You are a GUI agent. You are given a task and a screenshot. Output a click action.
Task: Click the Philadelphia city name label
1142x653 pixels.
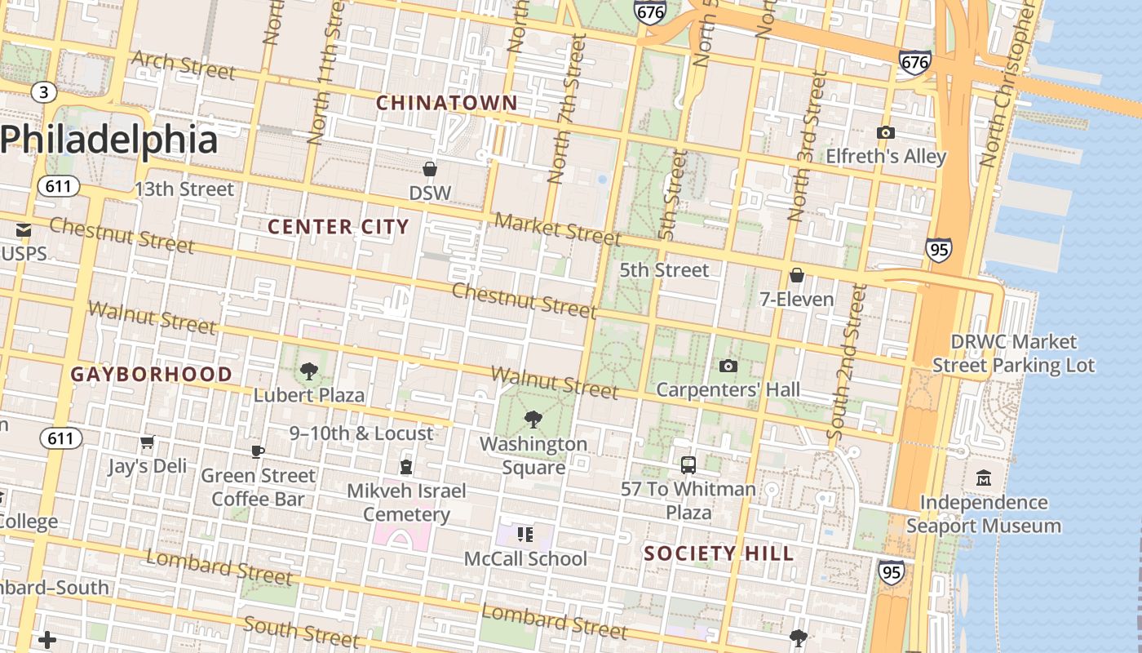pos(109,140)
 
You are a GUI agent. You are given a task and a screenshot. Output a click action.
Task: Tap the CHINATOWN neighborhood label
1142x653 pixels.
pos(446,103)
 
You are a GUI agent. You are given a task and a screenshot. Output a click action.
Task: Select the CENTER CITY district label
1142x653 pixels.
pos(338,227)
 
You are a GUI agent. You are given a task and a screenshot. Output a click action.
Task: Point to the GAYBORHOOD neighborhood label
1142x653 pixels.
pos(152,375)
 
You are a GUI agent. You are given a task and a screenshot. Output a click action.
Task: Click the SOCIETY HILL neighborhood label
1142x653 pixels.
pos(719,553)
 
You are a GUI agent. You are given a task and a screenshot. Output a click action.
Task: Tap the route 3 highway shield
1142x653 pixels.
pos(44,92)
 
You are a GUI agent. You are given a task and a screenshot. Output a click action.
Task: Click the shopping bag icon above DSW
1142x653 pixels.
pos(430,169)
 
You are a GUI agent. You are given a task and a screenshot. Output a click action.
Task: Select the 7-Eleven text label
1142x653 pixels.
pos(797,300)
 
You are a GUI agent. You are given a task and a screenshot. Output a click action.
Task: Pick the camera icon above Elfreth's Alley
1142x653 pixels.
pos(885,132)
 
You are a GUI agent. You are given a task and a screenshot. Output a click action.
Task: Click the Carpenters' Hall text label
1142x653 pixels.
pos(728,389)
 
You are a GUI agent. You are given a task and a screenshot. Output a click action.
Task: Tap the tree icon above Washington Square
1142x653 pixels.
pos(533,420)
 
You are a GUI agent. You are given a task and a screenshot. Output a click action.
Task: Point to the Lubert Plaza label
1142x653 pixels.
pos(309,395)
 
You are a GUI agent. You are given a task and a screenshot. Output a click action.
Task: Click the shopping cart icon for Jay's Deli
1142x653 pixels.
pos(148,442)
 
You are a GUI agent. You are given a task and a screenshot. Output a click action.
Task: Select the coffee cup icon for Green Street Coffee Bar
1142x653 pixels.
pos(258,451)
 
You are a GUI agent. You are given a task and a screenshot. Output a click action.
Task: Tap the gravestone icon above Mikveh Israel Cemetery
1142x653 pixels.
pos(405,467)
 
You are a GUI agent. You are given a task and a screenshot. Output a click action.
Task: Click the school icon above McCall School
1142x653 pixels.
pos(525,535)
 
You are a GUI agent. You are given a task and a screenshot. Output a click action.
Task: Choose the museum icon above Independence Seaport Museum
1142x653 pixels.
pos(983,478)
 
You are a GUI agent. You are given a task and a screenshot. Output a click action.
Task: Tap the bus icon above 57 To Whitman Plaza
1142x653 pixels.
pos(688,465)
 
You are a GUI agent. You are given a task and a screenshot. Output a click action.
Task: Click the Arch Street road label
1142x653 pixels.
pos(183,65)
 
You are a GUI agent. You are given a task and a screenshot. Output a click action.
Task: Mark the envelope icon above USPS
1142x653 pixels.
pos(24,230)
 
